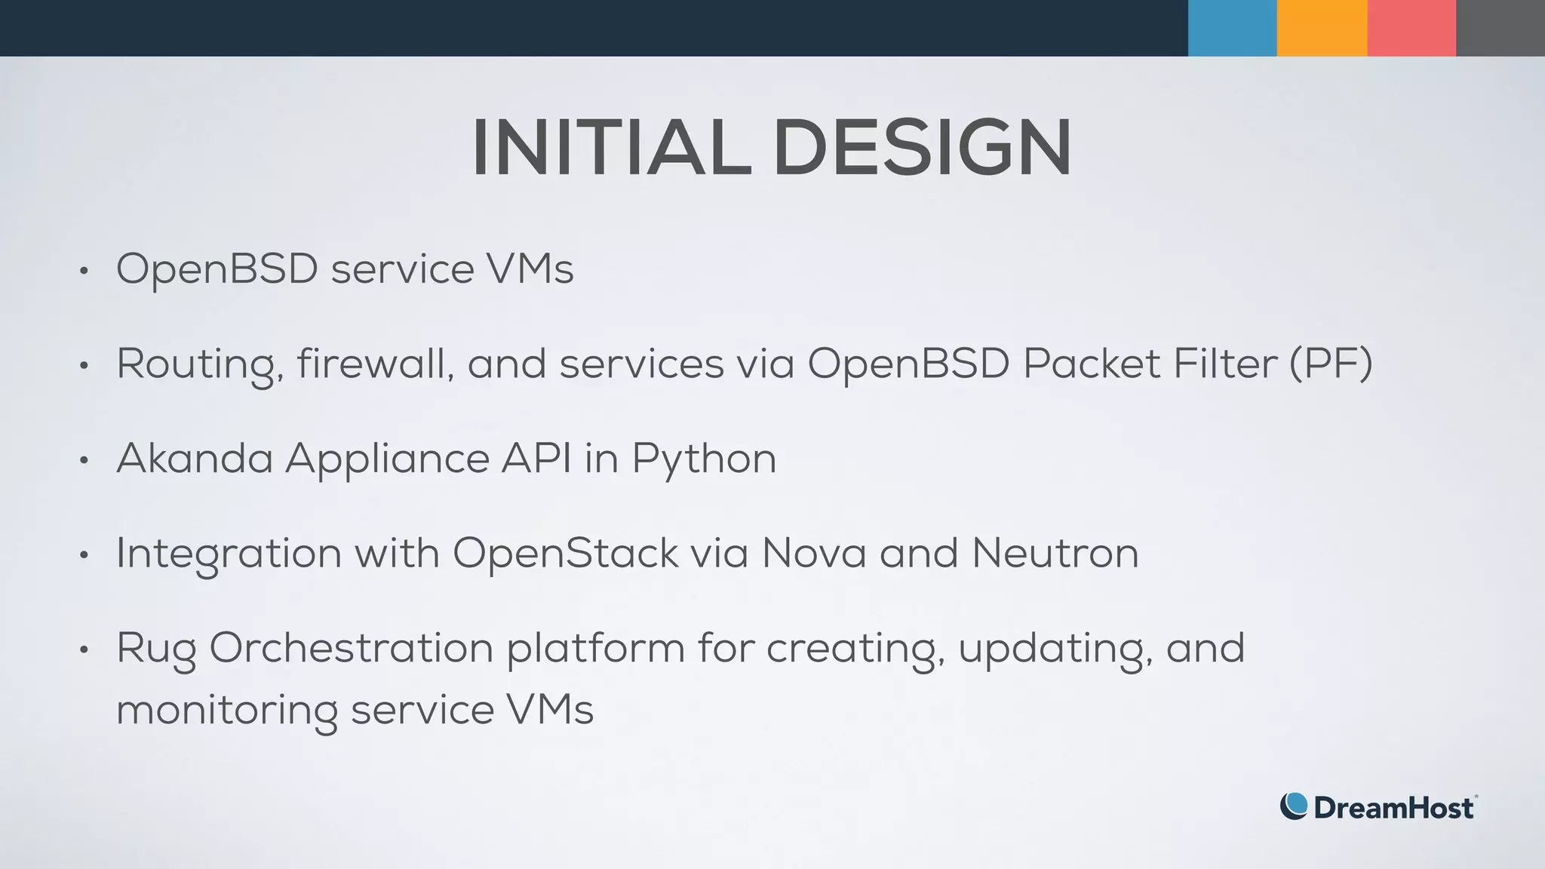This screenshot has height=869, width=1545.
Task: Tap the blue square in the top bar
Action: pyautogui.click(x=1232, y=28)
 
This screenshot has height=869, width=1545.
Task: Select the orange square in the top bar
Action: pyautogui.click(x=1322, y=28)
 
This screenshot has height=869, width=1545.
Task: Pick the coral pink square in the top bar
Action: pyautogui.click(x=1411, y=28)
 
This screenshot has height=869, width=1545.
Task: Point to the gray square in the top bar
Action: pyautogui.click(x=1500, y=28)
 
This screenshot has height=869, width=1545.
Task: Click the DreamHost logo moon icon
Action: pyautogui.click(x=1294, y=806)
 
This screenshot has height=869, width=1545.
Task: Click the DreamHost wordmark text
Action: pyautogui.click(x=1393, y=808)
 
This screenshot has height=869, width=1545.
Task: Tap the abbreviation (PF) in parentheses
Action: pyautogui.click(x=1331, y=364)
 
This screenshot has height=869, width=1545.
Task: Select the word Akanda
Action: pyautogui.click(x=195, y=458)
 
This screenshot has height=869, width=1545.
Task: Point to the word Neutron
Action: pyautogui.click(x=1055, y=553)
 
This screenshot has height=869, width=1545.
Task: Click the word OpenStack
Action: pyautogui.click(x=565, y=553)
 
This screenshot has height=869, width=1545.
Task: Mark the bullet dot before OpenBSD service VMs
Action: pyautogui.click(x=84, y=271)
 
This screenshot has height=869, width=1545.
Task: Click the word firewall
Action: pyautogui.click(x=375, y=363)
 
